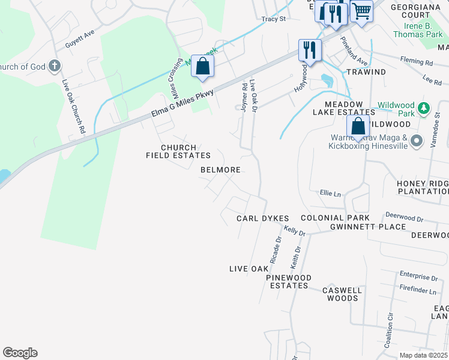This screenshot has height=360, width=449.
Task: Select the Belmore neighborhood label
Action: click(220, 170)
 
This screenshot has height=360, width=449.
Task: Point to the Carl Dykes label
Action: click(263, 218)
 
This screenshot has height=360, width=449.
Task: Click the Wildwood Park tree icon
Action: click(424, 108)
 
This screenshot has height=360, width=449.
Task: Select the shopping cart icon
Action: click(361, 10)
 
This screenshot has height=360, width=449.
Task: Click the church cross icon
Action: click(54, 65)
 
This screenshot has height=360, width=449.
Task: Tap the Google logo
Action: click(20, 353)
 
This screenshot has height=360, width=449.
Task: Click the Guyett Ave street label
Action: click(80, 40)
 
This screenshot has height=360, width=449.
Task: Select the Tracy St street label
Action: click(273, 19)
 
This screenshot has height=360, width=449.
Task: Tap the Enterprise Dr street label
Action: click(418, 278)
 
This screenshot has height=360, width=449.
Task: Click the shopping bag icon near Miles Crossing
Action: click(203, 66)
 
